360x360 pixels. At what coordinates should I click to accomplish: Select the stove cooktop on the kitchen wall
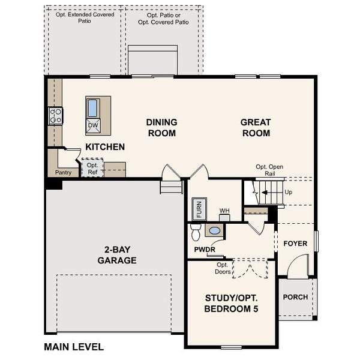[56, 116]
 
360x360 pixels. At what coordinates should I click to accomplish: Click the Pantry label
[63, 173]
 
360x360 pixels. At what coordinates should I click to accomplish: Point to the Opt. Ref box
[92, 169]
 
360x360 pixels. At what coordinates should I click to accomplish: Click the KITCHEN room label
[105, 147]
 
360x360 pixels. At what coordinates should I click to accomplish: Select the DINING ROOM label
[161, 127]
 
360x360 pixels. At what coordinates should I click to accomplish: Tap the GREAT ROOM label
[256, 127]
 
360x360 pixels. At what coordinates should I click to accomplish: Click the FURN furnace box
[199, 210]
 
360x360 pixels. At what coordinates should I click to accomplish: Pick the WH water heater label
[224, 211]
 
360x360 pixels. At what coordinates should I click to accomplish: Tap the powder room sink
[214, 230]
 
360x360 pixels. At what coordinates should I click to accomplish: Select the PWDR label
[205, 250]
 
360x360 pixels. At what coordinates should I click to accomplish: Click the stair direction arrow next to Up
[265, 193]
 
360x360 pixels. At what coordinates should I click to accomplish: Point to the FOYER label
[295, 244]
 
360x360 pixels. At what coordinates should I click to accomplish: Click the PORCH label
[295, 297]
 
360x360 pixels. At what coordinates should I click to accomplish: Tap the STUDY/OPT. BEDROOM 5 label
[232, 303]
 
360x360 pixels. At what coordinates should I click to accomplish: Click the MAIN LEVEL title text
[74, 347]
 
